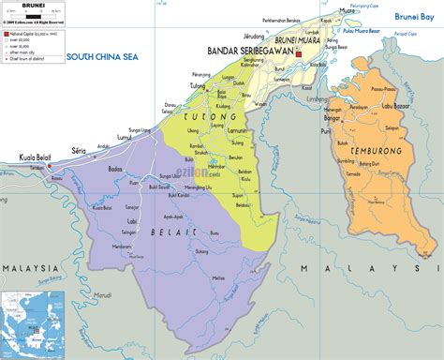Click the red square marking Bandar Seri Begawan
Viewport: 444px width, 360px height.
pos(299,55)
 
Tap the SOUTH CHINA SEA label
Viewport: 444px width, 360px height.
pos(103,58)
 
